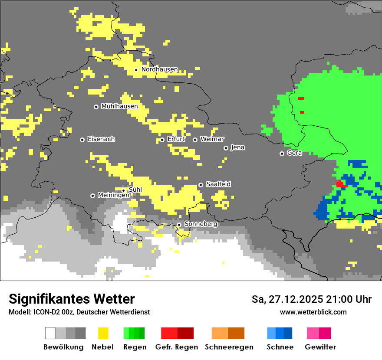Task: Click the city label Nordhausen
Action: click(159, 69)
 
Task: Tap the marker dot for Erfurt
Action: click(162, 140)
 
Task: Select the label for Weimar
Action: click(212, 139)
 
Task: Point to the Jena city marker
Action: click(226, 148)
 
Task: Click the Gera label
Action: click(294, 153)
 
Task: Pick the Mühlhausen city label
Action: click(119, 106)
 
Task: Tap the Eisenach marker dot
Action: click(82, 140)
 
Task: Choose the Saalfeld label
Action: click(218, 184)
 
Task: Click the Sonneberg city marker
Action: click(179, 225)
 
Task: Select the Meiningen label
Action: click(113, 195)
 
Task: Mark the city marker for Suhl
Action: click(123, 190)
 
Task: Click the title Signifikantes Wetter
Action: click(72, 299)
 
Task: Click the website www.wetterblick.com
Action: click(313, 312)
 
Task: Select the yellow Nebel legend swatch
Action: click(103, 333)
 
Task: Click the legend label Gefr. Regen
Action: click(176, 347)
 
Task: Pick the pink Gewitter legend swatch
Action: click(313, 333)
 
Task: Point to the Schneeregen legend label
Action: click(229, 347)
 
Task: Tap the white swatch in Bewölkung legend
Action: click(50, 333)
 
